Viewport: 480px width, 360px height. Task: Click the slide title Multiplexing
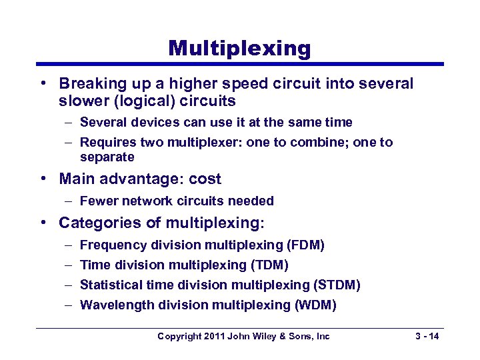[x=239, y=48]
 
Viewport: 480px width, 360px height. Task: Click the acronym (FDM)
[x=303, y=245]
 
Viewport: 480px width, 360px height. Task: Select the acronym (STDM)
[x=337, y=285]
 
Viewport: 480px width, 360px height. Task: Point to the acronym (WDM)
[x=315, y=305]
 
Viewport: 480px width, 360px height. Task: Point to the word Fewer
[x=97, y=201]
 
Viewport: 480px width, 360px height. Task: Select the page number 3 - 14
[x=425, y=336]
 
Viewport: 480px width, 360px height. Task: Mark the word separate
[x=107, y=157]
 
